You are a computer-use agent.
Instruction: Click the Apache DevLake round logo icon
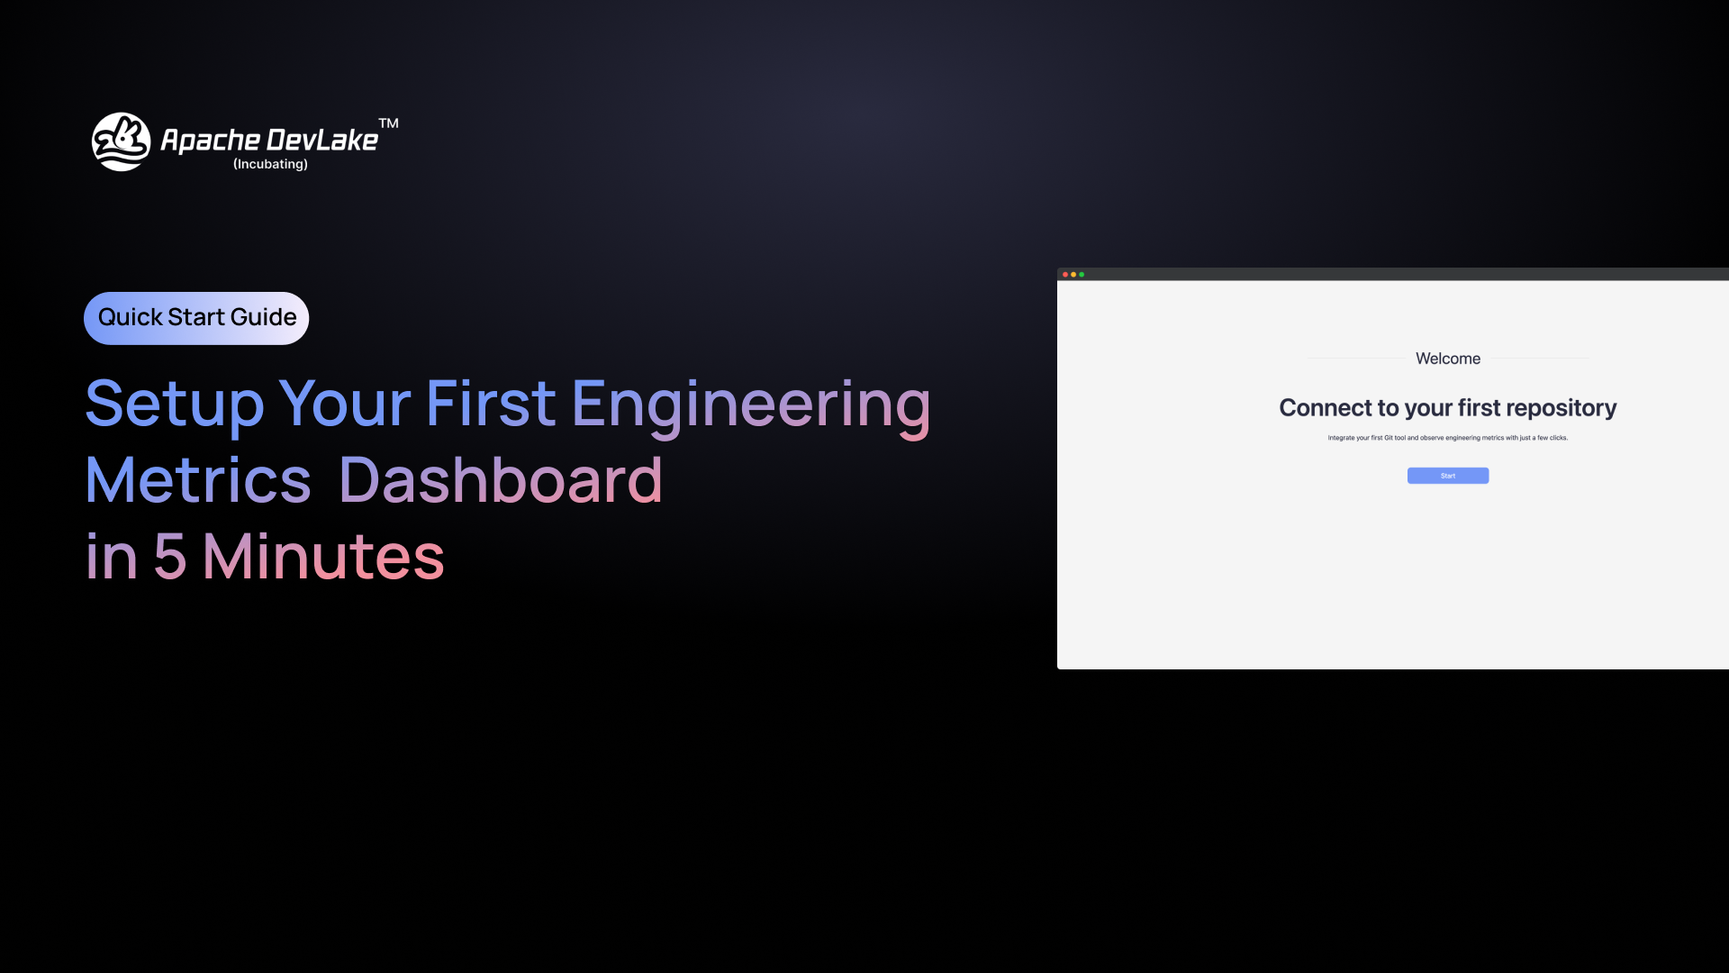122,141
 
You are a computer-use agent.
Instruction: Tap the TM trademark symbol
388,123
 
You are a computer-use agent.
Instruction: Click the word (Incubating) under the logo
270,164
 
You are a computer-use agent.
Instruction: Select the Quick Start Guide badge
196,318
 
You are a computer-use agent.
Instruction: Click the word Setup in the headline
175,405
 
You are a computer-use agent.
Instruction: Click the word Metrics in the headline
198,480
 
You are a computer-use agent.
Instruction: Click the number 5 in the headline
170,557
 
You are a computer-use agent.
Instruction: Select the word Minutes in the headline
323,557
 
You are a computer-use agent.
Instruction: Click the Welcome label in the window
1448,359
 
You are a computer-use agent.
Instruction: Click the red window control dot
1065,275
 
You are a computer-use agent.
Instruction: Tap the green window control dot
1082,275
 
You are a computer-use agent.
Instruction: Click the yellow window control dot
1073,275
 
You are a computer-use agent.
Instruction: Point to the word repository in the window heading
1561,409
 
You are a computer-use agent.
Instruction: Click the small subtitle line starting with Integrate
1448,438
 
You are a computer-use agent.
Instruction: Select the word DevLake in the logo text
322,141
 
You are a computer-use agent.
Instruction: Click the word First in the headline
491,404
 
